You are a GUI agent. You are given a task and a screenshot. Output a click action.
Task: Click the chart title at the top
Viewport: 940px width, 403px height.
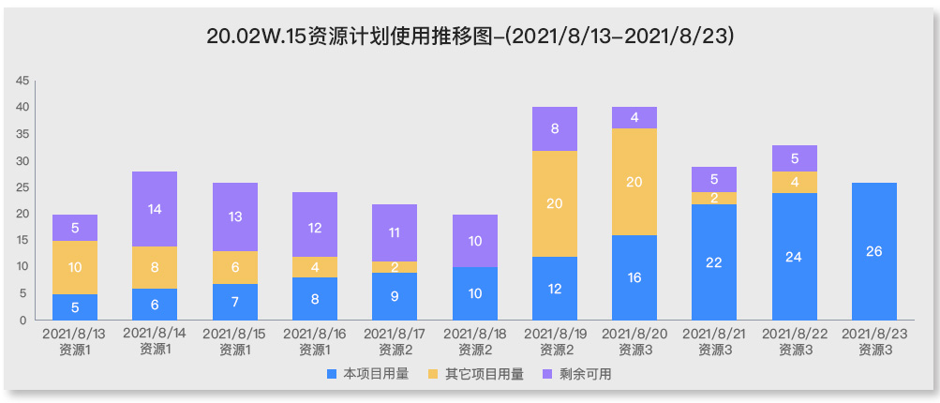click(x=470, y=37)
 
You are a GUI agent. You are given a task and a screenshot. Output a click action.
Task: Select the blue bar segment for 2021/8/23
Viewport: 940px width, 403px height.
click(x=874, y=251)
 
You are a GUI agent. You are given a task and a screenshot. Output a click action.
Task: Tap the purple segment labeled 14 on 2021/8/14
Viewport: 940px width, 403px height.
click(x=155, y=209)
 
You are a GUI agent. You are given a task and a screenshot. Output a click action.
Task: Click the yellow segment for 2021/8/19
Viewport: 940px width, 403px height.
click(x=555, y=203)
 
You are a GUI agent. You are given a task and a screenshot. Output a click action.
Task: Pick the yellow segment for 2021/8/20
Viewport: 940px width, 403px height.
click(x=634, y=182)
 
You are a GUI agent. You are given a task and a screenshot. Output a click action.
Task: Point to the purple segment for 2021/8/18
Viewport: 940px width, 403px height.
click(x=475, y=241)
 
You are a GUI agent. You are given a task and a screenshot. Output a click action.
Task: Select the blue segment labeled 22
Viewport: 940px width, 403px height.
click(x=714, y=262)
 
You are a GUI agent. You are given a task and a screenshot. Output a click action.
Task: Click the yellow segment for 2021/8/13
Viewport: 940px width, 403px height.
click(x=75, y=267)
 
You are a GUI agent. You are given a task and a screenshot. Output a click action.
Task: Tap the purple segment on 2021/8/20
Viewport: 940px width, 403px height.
click(x=634, y=118)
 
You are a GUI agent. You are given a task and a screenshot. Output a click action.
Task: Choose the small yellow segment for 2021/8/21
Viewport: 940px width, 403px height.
click(x=714, y=198)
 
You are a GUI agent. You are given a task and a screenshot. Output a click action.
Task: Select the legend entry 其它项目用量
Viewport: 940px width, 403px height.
click(x=473, y=374)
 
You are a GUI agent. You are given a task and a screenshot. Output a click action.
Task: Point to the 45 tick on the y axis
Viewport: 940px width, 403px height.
click(x=22, y=81)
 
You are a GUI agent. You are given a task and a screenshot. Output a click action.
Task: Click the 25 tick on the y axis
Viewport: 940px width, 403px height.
click(x=22, y=187)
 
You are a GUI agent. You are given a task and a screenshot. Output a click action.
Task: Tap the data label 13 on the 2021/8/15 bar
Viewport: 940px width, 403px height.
click(x=235, y=216)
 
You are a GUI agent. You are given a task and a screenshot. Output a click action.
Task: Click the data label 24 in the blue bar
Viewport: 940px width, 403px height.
click(x=794, y=257)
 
